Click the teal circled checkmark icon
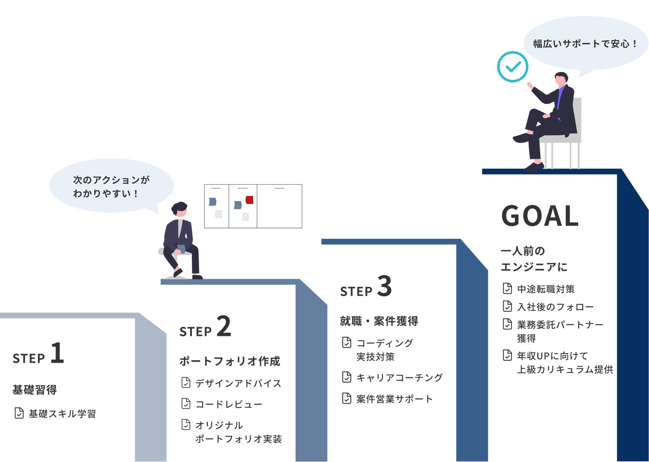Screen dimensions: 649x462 [512, 67]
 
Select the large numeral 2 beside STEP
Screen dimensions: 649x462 [224, 326]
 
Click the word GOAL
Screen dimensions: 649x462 [540, 216]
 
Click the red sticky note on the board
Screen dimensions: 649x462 [250, 200]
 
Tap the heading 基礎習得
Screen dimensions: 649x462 [35, 390]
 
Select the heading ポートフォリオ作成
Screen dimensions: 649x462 [230, 361]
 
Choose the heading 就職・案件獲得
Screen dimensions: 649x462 [379, 321]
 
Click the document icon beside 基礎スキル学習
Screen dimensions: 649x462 [19, 413]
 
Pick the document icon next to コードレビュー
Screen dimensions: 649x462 [186, 403]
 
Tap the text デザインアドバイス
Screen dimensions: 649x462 [238, 383]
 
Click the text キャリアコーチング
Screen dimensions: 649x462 [399, 377]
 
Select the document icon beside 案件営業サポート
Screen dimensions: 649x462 [347, 398]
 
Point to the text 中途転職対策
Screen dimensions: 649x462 [546, 289]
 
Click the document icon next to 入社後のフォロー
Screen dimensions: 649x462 [507, 306]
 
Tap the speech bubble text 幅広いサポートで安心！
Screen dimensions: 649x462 [585, 44]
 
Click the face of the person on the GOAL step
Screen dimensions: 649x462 [560, 81]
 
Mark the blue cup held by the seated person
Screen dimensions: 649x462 [181, 248]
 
